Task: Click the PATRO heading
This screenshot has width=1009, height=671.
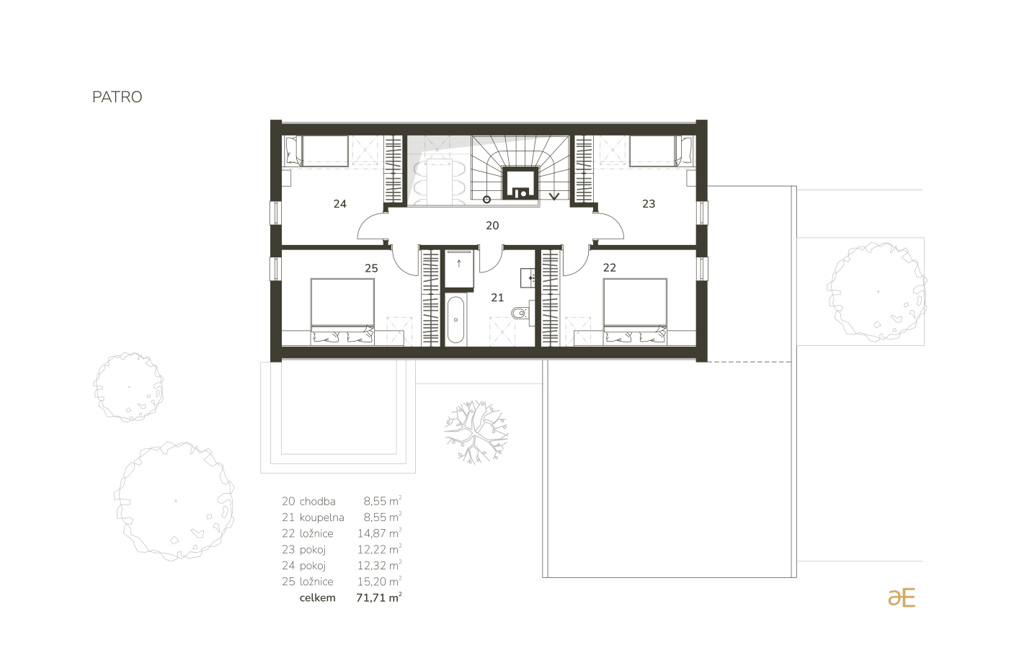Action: (117, 97)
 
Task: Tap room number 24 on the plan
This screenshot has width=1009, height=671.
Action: (339, 204)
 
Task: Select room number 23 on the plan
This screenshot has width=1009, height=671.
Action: (648, 204)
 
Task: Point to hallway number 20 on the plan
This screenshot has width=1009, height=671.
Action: (492, 225)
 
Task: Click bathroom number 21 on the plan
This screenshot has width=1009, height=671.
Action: (497, 297)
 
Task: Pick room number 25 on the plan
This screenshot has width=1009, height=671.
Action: (371, 268)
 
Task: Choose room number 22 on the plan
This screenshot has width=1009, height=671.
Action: (610, 268)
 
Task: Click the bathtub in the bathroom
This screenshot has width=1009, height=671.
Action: (455, 320)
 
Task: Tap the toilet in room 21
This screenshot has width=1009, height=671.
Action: (520, 312)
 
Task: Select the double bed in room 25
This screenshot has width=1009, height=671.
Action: (342, 311)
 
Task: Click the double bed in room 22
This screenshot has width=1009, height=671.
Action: (635, 311)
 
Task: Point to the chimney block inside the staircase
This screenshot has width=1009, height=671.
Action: (520, 183)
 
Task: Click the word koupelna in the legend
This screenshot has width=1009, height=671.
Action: (321, 517)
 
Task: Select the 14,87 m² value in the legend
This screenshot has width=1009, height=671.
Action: (379, 533)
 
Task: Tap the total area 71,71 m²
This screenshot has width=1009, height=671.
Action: (379, 598)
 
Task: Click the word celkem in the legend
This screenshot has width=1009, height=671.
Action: (318, 598)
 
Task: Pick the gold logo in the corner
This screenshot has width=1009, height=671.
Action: (902, 597)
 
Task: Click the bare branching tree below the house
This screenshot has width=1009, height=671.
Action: (476, 432)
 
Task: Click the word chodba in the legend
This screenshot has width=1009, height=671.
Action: (318, 501)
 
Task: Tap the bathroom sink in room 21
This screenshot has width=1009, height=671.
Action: (528, 278)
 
